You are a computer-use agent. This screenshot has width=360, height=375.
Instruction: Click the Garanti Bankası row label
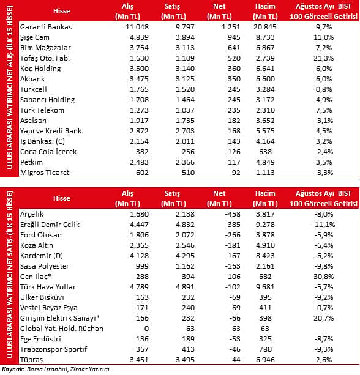tap(47, 27)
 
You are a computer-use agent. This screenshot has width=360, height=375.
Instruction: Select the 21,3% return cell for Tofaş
tap(324, 58)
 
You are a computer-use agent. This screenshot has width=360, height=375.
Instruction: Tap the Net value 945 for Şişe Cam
tap(234, 37)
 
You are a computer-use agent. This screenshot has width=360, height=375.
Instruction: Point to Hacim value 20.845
tap(265, 27)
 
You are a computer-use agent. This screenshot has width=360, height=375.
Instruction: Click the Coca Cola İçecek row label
tap(48, 152)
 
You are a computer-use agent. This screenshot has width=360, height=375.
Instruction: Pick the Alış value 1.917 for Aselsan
tap(139, 121)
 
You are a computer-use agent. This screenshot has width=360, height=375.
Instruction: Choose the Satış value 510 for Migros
tap(188, 173)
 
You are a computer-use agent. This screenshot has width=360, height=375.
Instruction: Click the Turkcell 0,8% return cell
tap(324, 89)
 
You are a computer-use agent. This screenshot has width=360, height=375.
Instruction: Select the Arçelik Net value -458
tap(233, 214)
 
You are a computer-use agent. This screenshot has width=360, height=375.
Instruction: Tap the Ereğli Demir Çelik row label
tap(50, 225)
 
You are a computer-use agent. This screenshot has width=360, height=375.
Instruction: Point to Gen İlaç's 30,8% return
tap(324, 277)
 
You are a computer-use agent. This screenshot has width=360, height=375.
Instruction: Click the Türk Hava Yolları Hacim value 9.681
tap(265, 287)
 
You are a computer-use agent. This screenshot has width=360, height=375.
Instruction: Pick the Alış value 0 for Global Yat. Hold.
tap(146, 329)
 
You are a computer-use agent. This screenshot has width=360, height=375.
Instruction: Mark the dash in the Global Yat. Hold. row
tap(324, 329)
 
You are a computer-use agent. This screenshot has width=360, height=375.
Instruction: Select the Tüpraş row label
tap(32, 360)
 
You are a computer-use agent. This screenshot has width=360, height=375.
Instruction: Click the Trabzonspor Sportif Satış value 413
tap(188, 349)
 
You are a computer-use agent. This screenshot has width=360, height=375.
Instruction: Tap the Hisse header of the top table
tap(62, 11)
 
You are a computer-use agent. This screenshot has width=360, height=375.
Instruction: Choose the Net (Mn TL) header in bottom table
tap(219, 198)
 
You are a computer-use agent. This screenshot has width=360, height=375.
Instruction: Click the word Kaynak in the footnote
tap(13, 369)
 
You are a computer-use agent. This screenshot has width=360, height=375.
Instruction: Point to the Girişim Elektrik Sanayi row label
tap(60, 318)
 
